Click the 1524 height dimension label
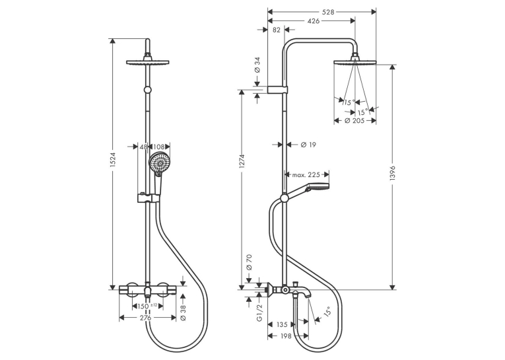pyautogui.click(x=113, y=160)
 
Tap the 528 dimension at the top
pyautogui.click(x=329, y=13)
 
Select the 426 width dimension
pyautogui.click(x=314, y=21)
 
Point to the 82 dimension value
pyautogui.click(x=277, y=30)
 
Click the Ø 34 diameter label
pyautogui.click(x=257, y=65)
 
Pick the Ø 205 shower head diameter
pyautogui.click(x=354, y=121)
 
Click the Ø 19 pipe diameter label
pyautogui.click(x=308, y=145)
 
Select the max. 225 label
pyautogui.click(x=306, y=174)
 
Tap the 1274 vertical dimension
pyautogui.click(x=242, y=161)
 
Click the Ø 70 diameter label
pyautogui.click(x=249, y=262)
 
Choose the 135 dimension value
pyautogui.click(x=282, y=324)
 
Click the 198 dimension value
pyautogui.click(x=286, y=336)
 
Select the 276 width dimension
pyautogui.click(x=146, y=318)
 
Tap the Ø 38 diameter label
pyautogui.click(x=184, y=313)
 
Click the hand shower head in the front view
pyautogui.click(x=157, y=164)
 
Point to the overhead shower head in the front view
pyautogui.click(x=148, y=63)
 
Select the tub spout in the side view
pyautogui.click(x=302, y=292)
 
